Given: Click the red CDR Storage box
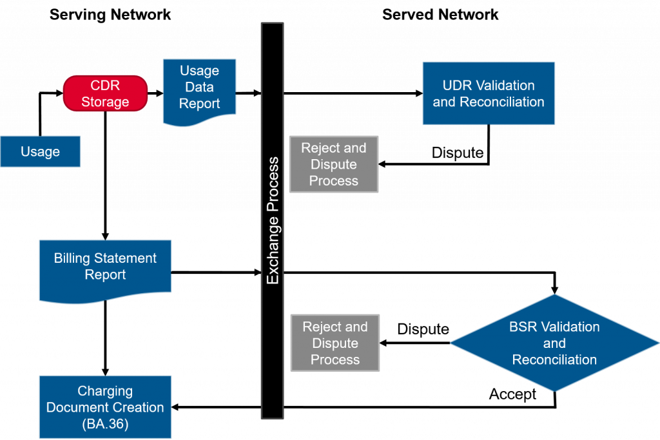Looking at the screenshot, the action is coord(105,93).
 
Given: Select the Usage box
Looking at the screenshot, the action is coord(41,151).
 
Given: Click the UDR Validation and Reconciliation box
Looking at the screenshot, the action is coord(489,93).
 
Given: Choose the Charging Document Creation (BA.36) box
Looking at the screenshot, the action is coord(105,407).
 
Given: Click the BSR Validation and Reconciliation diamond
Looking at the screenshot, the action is coord(554,343).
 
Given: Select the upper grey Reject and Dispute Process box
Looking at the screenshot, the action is coord(334,164).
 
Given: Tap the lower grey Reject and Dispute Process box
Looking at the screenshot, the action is coord(335,343).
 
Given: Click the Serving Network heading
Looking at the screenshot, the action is coord(110,15).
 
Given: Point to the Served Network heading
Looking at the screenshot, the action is coord(440,15).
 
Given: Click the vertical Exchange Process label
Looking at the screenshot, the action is coord(273,220).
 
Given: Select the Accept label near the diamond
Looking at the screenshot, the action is coord(512,394).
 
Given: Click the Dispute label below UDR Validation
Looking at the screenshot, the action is coord(458,152).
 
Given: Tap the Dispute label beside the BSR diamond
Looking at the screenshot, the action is coord(423,329).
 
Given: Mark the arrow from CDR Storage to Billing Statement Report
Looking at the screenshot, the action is coord(105,176).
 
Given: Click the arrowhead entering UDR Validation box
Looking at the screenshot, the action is coord(419,93).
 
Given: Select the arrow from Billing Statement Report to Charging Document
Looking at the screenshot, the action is coord(105,338).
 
